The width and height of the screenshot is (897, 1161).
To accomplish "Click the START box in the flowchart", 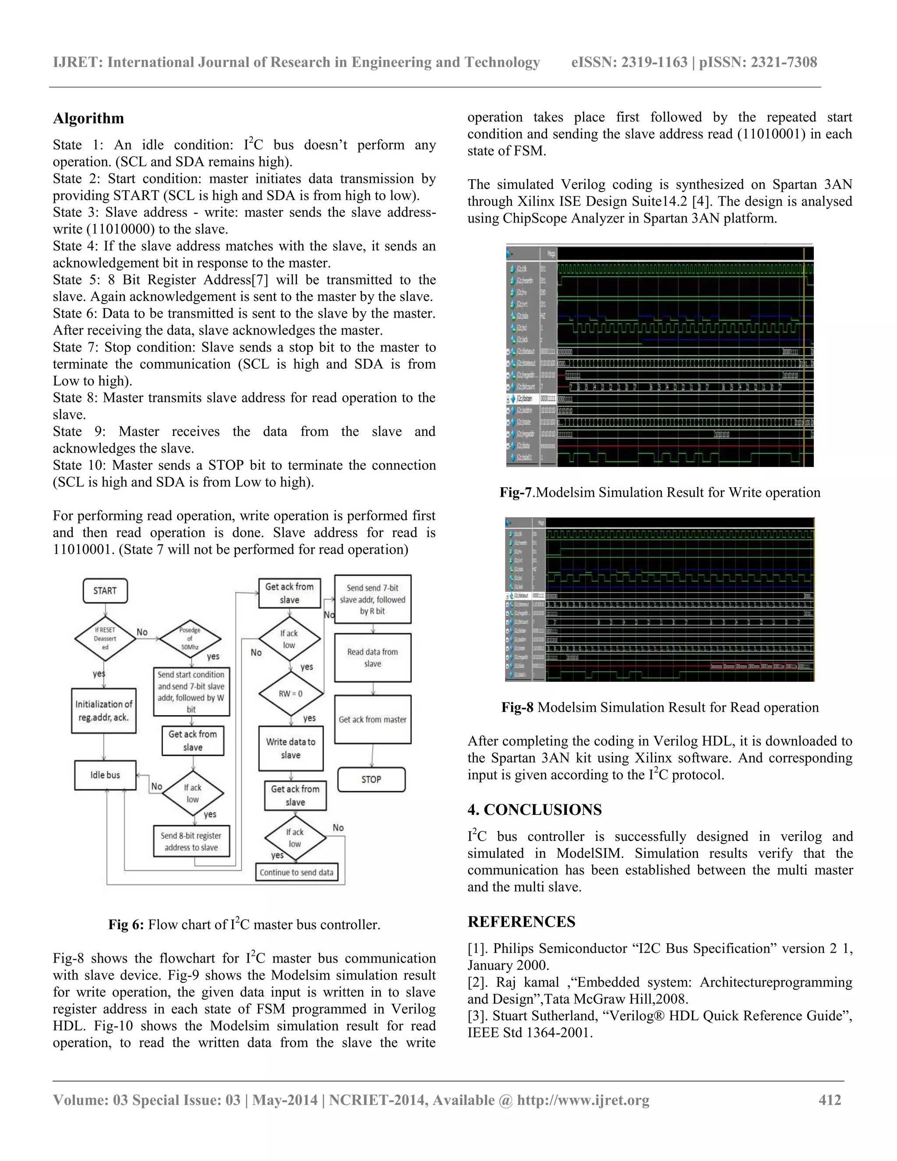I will [105, 591].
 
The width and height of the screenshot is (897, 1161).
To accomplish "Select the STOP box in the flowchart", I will [371, 779].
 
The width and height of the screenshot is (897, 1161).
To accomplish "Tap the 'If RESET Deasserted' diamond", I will [105, 638].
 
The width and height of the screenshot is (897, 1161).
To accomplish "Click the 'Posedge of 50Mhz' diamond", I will [190, 638].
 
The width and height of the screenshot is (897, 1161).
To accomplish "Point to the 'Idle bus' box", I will [105, 775].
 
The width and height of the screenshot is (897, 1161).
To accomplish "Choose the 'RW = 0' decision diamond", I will [291, 694].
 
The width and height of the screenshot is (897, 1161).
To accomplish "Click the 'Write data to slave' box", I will [291, 748].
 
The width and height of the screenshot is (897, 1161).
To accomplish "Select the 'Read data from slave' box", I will [373, 658].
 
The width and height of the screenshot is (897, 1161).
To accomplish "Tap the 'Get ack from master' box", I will [373, 719].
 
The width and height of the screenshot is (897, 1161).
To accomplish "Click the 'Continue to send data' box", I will [297, 872].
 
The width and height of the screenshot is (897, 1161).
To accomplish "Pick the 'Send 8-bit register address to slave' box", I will [191, 841].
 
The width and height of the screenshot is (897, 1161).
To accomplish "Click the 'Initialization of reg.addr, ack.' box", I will [104, 711].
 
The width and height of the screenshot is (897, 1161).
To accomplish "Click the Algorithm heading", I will [88, 118].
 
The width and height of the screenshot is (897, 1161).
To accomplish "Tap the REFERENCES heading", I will [521, 922].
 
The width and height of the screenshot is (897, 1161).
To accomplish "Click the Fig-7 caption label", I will [516, 492].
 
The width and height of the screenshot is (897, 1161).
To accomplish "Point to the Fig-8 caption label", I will [517, 707].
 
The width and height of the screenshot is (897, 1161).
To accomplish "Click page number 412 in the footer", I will [830, 1100].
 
